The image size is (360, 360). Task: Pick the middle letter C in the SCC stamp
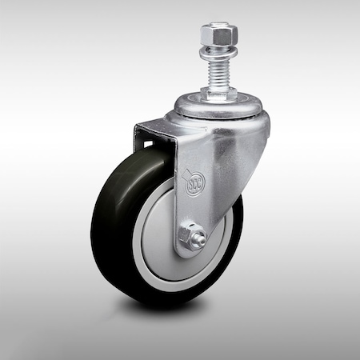click(x=195, y=183)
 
